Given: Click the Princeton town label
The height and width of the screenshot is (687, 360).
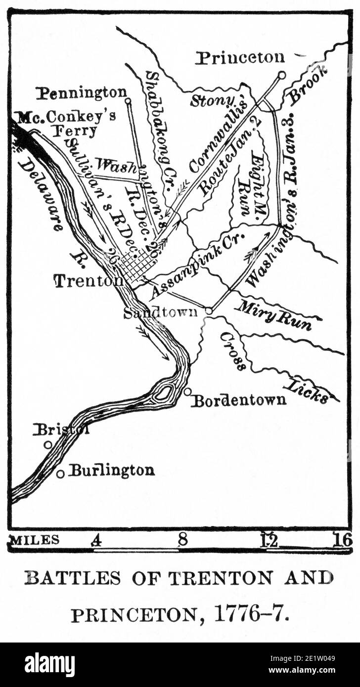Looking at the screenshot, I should pos(240,58).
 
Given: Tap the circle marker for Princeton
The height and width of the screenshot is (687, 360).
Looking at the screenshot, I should pos(281,75).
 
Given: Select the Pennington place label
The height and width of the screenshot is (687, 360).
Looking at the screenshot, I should pos(82,92).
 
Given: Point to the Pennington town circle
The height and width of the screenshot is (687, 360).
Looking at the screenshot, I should pos(128,101).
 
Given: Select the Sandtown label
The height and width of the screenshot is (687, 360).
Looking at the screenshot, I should pos(160,312).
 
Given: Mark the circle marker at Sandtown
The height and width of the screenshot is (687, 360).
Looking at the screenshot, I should pos(209,311).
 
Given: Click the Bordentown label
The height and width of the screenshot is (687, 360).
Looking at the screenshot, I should pos(239,400).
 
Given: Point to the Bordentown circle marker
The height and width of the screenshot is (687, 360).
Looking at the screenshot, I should pos(187,391).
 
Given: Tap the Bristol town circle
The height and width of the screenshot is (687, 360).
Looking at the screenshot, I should pos(48,445).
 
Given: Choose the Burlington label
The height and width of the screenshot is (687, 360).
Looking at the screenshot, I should pos(111,470).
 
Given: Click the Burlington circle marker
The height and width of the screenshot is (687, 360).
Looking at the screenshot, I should pos(60,473).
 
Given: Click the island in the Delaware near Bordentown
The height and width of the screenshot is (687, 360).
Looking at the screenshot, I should pos(163,393).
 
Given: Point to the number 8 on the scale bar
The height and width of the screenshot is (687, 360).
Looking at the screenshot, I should pos(182,540).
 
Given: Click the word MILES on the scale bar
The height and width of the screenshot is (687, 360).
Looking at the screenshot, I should pos(35,540).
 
